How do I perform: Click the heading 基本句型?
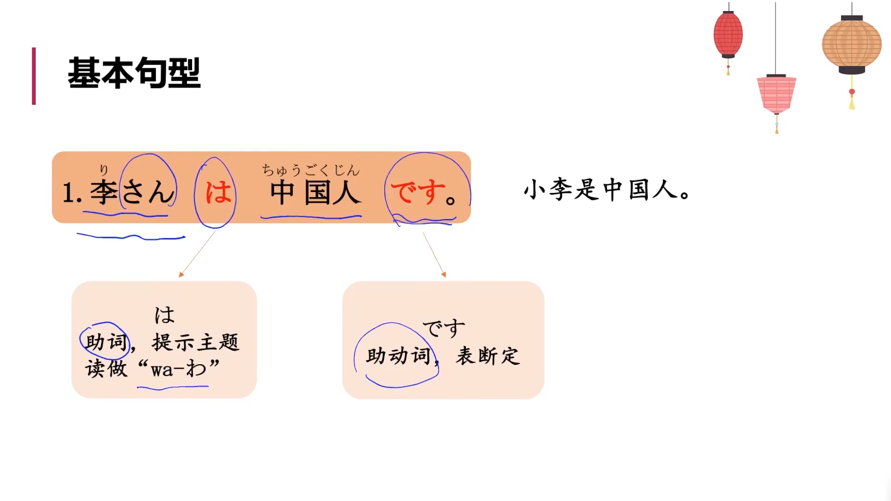[134, 73]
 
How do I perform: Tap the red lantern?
[728, 34]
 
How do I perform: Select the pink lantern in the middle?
[776, 94]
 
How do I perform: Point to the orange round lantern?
[852, 44]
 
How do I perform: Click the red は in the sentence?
[218, 192]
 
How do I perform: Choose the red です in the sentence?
[418, 192]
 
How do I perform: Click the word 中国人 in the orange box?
[315, 193]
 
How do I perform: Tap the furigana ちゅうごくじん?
[310, 170]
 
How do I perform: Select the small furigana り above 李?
[104, 170]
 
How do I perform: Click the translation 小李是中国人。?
[607, 190]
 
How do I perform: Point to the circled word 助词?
[106, 342]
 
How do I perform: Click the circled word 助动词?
[398, 356]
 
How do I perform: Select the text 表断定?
[488, 356]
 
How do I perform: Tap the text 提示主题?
[195, 342]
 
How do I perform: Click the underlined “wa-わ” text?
[179, 369]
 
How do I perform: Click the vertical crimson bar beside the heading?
[34, 76]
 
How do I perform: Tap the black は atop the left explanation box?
[164, 315]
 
